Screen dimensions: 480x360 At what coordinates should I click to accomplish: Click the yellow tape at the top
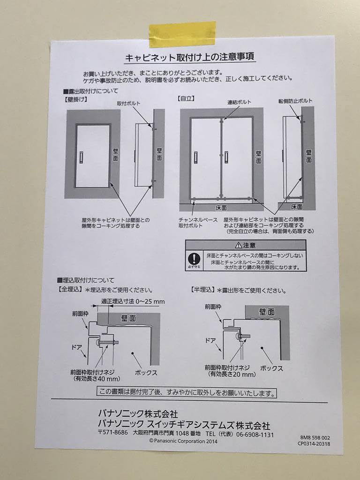182,34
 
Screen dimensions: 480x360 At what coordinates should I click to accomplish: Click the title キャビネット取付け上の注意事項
190,58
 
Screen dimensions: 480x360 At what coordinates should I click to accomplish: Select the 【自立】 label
187,99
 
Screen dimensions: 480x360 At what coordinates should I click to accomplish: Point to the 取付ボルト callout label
128,103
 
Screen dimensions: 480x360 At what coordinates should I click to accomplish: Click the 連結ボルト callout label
239,102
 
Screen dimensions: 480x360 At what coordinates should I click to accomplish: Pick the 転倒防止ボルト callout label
295,101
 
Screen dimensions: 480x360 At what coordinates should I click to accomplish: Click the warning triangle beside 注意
238,245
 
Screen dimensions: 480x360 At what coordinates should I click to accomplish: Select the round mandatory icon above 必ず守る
194,258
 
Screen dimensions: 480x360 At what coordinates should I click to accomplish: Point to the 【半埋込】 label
203,290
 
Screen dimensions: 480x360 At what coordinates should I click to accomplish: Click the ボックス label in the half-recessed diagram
271,368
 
